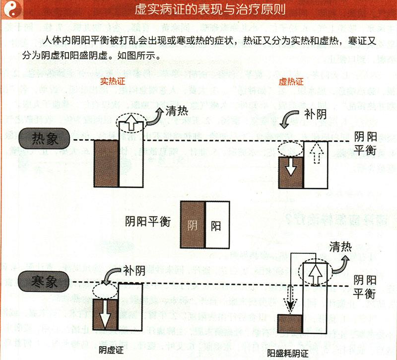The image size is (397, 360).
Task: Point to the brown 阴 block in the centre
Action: [x=193, y=224]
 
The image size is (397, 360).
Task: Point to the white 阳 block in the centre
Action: [x=217, y=225]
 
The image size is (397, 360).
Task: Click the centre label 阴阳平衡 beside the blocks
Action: [x=148, y=221]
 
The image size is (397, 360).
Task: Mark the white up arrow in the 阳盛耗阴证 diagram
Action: [x=315, y=273]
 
